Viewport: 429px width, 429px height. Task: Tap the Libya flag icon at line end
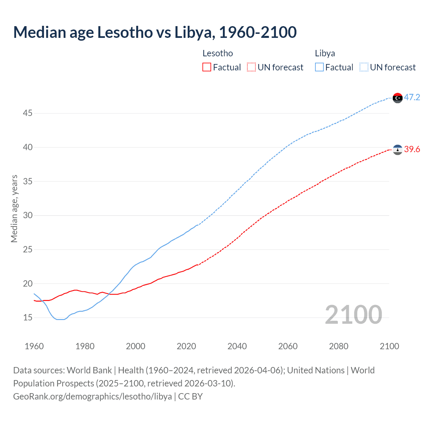coord(397,98)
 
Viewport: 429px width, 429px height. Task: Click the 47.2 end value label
coord(412,97)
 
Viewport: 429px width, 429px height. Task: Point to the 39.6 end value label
coord(412,149)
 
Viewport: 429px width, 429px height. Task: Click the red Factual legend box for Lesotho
coord(207,67)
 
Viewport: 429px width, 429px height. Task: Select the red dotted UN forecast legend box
coord(251,67)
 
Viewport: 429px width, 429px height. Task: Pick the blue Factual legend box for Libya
coord(319,67)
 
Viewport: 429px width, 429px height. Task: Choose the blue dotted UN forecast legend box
coord(364,67)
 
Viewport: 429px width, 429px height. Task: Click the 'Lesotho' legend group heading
coord(218,53)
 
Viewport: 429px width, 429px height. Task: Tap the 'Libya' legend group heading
coord(325,53)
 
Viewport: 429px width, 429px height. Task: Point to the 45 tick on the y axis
coord(27,113)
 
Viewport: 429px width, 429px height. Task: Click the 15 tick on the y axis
coord(27,317)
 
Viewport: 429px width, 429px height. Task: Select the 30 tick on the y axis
coord(27,215)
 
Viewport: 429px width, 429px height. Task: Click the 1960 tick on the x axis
coord(34,346)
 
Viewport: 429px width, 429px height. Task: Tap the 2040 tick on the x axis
coord(237,346)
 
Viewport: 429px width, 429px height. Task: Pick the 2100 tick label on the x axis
coord(389,346)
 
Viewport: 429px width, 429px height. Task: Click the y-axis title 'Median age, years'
coord(14,208)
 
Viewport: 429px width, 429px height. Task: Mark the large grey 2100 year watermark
coord(353,314)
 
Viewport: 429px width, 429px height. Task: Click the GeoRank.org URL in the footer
coord(93,396)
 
